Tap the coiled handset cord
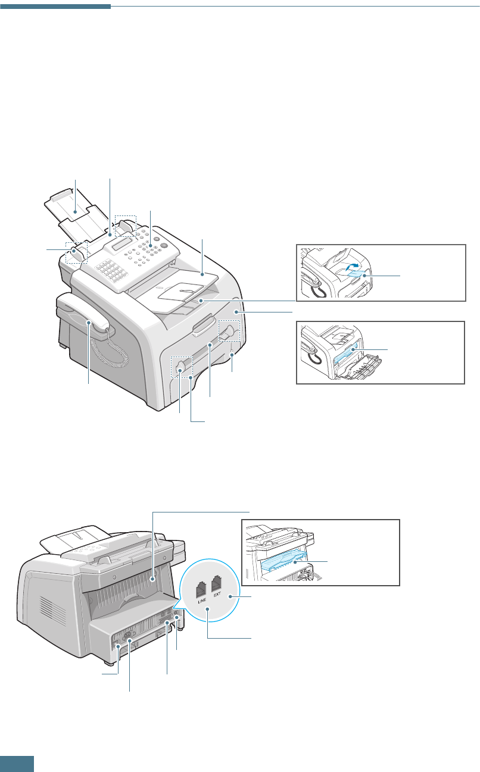(x=117, y=355)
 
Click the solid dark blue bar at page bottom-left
(x=17, y=764)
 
